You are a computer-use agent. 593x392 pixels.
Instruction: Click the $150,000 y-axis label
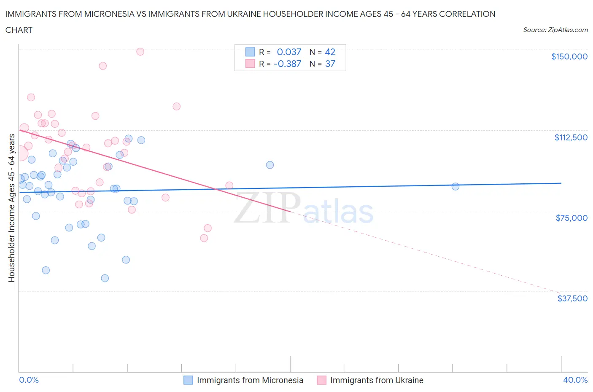tap(569, 56)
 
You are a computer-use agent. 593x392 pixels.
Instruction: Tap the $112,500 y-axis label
tap(571, 137)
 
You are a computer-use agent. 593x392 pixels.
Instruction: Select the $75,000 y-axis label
tap(571, 218)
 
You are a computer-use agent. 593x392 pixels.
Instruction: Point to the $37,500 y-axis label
tap(572, 298)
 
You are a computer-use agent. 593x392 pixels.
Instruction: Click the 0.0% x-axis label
tap(29, 380)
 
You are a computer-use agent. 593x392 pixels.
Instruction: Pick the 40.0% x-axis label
tap(575, 380)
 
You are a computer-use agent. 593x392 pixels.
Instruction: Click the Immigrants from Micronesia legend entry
tap(250, 380)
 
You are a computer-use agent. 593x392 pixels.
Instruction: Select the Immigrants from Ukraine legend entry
tap(377, 380)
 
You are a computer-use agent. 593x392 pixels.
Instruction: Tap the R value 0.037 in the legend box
tap(289, 52)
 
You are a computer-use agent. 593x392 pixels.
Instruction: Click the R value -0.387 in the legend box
tap(287, 64)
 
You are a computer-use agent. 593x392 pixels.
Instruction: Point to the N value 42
tap(330, 52)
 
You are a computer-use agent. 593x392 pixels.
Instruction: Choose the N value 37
tap(330, 64)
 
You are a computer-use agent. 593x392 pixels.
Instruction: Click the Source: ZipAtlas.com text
tap(555, 30)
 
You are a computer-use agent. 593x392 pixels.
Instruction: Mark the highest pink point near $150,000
tap(140, 51)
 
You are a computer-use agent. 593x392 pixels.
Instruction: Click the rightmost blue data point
tap(456, 186)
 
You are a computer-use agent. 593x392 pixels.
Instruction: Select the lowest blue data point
tap(105, 278)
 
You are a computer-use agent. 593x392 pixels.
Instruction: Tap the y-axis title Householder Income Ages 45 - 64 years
tap(12, 208)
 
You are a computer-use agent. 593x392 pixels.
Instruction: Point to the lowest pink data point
tap(204, 238)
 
